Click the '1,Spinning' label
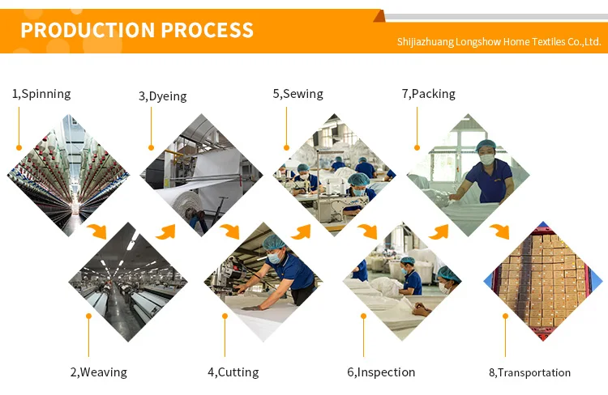[x=41, y=94]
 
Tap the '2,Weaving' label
[x=98, y=372]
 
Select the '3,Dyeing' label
[x=162, y=96]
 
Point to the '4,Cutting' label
[x=233, y=372]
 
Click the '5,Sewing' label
[x=298, y=94]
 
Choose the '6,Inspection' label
[x=381, y=372]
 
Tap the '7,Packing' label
[x=428, y=94]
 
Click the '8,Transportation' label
[x=529, y=373]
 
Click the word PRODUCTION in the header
[x=87, y=31]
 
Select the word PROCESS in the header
[x=207, y=31]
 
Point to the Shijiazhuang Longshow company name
[x=499, y=42]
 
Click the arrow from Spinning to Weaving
[x=97, y=231]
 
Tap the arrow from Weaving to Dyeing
[x=166, y=231]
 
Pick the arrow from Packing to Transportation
[x=499, y=231]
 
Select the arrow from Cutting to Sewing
[x=302, y=231]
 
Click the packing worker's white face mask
[x=487, y=160]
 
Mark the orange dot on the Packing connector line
[x=417, y=147]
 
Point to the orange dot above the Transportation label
[x=505, y=316]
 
